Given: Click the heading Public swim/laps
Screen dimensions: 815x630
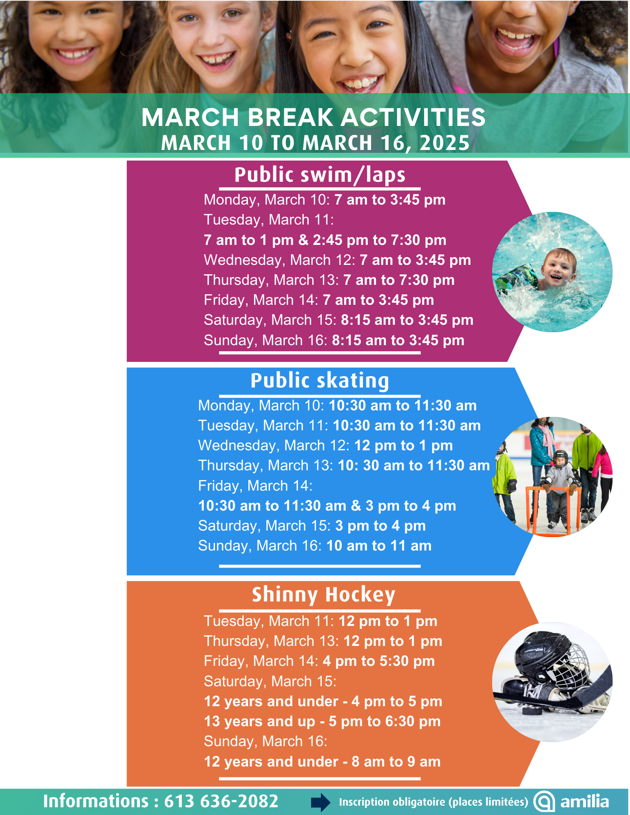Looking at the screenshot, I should click(x=320, y=175).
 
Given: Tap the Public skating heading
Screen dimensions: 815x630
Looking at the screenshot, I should click(x=320, y=381).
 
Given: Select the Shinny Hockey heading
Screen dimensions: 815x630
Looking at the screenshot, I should click(x=323, y=595).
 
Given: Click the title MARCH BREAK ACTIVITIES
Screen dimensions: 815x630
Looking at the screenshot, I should click(x=313, y=117).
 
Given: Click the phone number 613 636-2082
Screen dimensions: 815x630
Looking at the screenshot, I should click(x=221, y=801).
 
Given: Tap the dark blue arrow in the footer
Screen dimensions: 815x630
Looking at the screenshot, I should click(x=321, y=802).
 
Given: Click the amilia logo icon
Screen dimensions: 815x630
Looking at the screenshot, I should click(x=544, y=802).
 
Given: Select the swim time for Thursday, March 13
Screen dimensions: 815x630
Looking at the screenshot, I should click(x=398, y=280).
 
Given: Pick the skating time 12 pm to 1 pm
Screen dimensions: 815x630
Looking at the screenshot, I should click(x=403, y=446).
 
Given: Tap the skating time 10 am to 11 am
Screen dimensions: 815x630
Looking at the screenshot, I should click(x=378, y=546).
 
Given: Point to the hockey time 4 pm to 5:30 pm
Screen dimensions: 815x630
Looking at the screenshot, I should click(x=378, y=661).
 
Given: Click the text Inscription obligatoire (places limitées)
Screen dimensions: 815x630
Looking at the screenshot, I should click(x=433, y=802).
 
